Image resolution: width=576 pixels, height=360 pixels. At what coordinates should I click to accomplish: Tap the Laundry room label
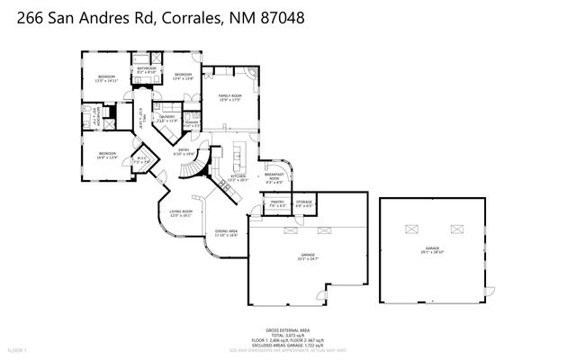(166, 118)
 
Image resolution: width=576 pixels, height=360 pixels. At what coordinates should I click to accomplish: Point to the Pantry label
(277, 204)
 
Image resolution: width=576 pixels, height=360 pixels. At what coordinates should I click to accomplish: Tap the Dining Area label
(226, 234)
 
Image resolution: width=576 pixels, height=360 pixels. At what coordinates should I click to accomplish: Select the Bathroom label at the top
(146, 68)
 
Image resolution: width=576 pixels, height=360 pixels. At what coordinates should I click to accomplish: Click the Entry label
(184, 151)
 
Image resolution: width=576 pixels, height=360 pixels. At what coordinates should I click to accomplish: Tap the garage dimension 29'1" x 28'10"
(432, 252)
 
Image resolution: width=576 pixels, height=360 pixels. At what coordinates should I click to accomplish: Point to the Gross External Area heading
(288, 330)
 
